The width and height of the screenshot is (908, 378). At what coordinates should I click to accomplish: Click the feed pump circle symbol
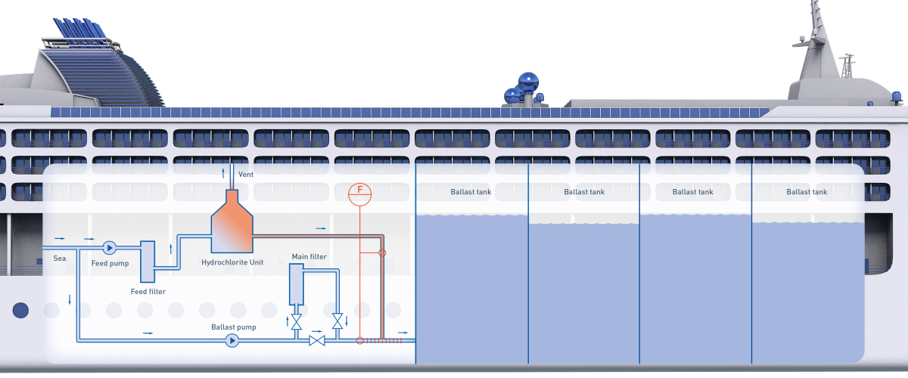pyautogui.click(x=108, y=247)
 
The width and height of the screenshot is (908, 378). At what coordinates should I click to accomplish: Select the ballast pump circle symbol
pyautogui.click(x=232, y=341)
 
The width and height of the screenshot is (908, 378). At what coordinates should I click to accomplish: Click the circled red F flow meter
pyautogui.click(x=360, y=194)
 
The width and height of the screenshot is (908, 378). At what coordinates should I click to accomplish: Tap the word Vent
pyautogui.click(x=246, y=175)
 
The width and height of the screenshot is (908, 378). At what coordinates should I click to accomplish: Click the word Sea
pyautogui.click(x=60, y=259)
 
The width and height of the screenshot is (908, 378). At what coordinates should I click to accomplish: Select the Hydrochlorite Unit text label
pyautogui.click(x=232, y=262)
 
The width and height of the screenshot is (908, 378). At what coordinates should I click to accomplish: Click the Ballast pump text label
pyautogui.click(x=233, y=327)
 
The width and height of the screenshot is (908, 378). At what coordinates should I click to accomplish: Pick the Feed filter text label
pyautogui.click(x=148, y=291)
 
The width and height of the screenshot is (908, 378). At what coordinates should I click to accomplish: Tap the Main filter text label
pyautogui.click(x=309, y=257)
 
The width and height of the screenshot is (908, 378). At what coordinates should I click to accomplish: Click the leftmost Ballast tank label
pyautogui.click(x=471, y=192)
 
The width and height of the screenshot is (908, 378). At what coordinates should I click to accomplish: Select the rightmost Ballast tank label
pyautogui.click(x=807, y=192)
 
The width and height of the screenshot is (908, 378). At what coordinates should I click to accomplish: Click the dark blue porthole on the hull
pyautogui.click(x=20, y=310)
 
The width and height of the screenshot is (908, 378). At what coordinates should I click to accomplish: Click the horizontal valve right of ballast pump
pyautogui.click(x=317, y=341)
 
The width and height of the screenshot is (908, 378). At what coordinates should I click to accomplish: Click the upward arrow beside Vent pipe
pyautogui.click(x=222, y=174)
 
